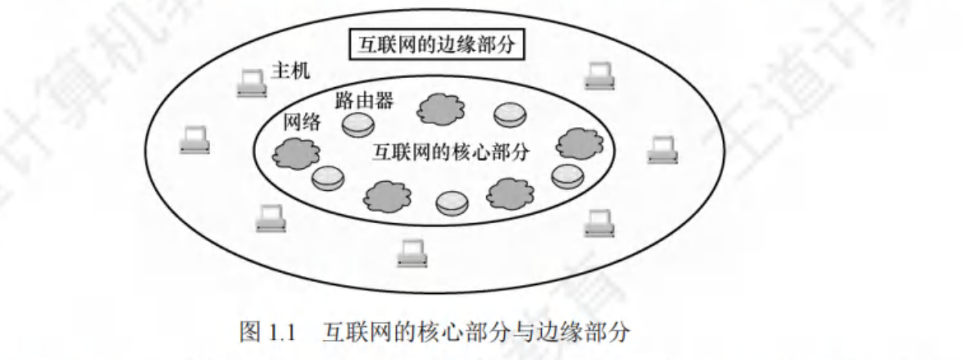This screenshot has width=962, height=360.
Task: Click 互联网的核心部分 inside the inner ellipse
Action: point(451,152)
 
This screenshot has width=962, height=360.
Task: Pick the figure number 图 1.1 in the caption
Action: point(273,332)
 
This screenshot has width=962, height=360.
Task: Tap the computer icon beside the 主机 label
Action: point(252,83)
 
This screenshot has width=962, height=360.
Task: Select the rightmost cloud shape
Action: point(580,143)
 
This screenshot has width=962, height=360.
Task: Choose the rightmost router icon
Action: point(568,175)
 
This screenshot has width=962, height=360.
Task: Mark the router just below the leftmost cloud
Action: point(328,178)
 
